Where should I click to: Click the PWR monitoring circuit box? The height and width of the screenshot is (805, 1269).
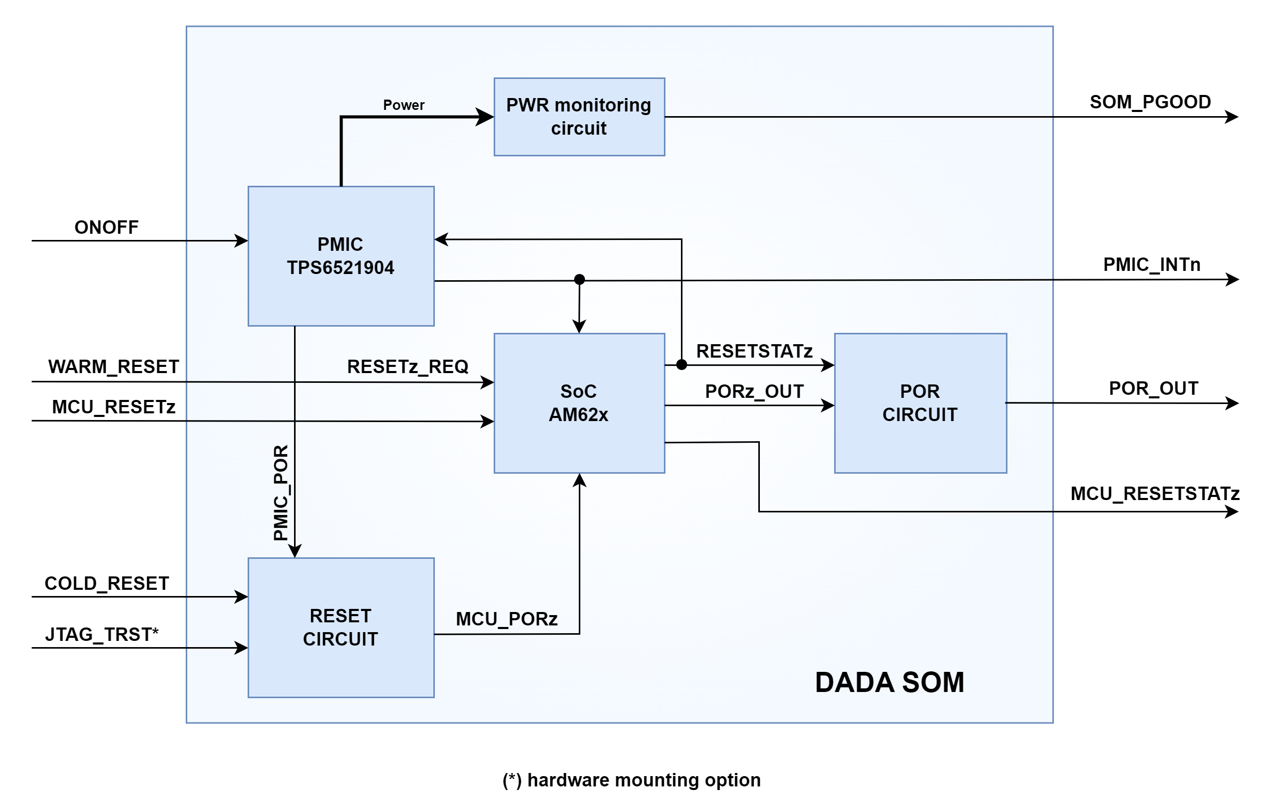coord(579,117)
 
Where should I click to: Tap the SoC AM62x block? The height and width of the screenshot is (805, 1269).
coord(579,403)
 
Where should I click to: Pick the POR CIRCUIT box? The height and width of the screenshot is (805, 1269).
coord(920,403)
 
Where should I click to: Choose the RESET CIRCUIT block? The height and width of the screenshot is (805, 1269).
coord(341,627)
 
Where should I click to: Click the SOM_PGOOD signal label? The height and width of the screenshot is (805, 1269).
coord(1150,102)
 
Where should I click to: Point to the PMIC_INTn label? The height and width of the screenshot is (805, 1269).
coord(1151,264)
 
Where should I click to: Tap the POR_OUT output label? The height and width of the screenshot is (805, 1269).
coord(1153,388)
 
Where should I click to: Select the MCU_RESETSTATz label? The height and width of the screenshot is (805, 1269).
coord(1154,493)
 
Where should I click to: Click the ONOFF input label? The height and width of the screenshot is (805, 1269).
coord(106,227)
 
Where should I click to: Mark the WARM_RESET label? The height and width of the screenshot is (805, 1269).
coord(113,366)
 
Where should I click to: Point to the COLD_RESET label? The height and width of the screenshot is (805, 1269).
coord(106,583)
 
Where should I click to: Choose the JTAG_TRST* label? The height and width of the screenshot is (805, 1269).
coord(102,634)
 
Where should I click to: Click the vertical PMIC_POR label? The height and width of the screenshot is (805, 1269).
coord(281,492)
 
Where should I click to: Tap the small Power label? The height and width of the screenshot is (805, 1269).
coord(404,105)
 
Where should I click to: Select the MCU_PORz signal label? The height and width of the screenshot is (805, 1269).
coord(507,618)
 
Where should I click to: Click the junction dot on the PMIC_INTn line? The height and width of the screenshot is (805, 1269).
coord(579,279)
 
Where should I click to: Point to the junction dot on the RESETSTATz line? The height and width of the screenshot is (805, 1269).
coord(681,364)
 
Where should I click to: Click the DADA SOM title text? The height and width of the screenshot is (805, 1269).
coord(889,682)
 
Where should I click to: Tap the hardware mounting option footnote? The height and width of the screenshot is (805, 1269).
coord(631,780)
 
